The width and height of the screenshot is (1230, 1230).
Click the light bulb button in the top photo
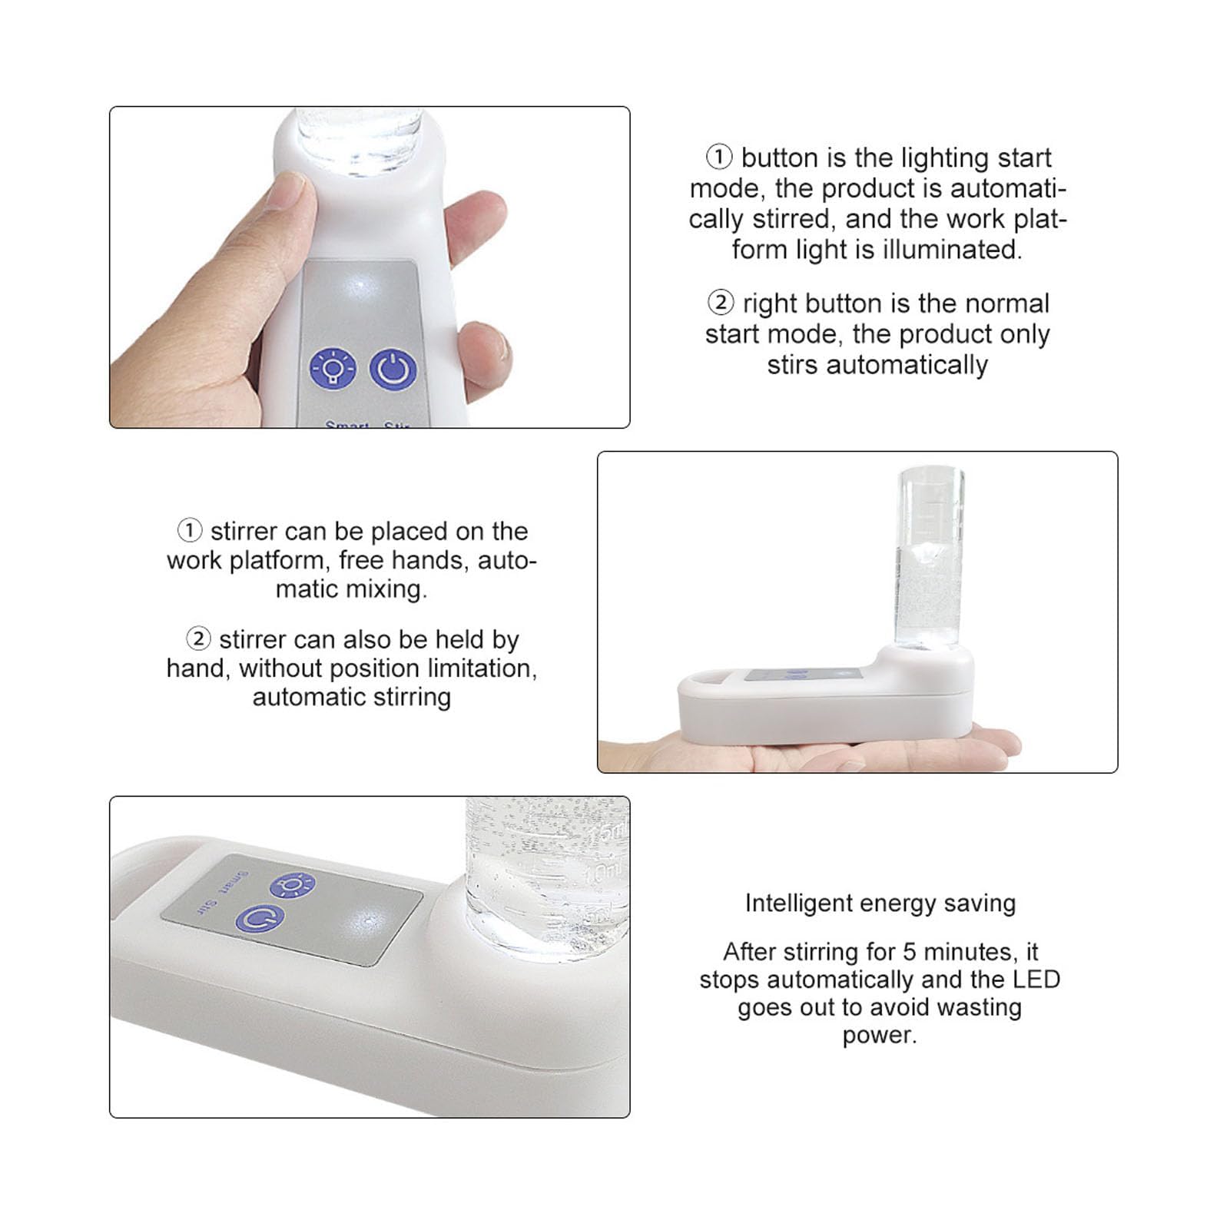point(333,369)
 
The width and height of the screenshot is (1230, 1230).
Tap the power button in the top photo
point(393,370)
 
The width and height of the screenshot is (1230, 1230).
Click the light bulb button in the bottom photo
point(292,885)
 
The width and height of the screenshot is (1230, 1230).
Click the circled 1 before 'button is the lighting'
point(719,157)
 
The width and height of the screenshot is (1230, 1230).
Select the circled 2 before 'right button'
point(721,303)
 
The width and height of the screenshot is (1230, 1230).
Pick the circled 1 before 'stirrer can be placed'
point(190,530)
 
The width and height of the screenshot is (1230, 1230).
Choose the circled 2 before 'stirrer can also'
point(198,638)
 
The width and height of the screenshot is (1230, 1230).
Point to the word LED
point(1036,979)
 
